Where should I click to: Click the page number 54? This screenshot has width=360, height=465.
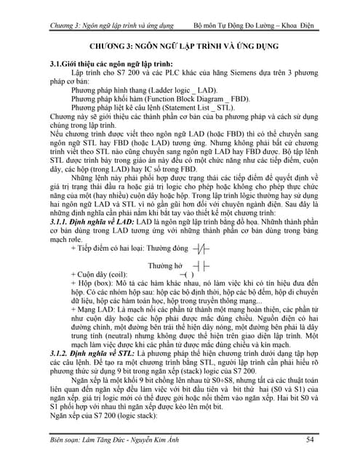[309, 438]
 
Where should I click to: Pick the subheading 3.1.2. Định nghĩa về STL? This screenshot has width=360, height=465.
[87, 352]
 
